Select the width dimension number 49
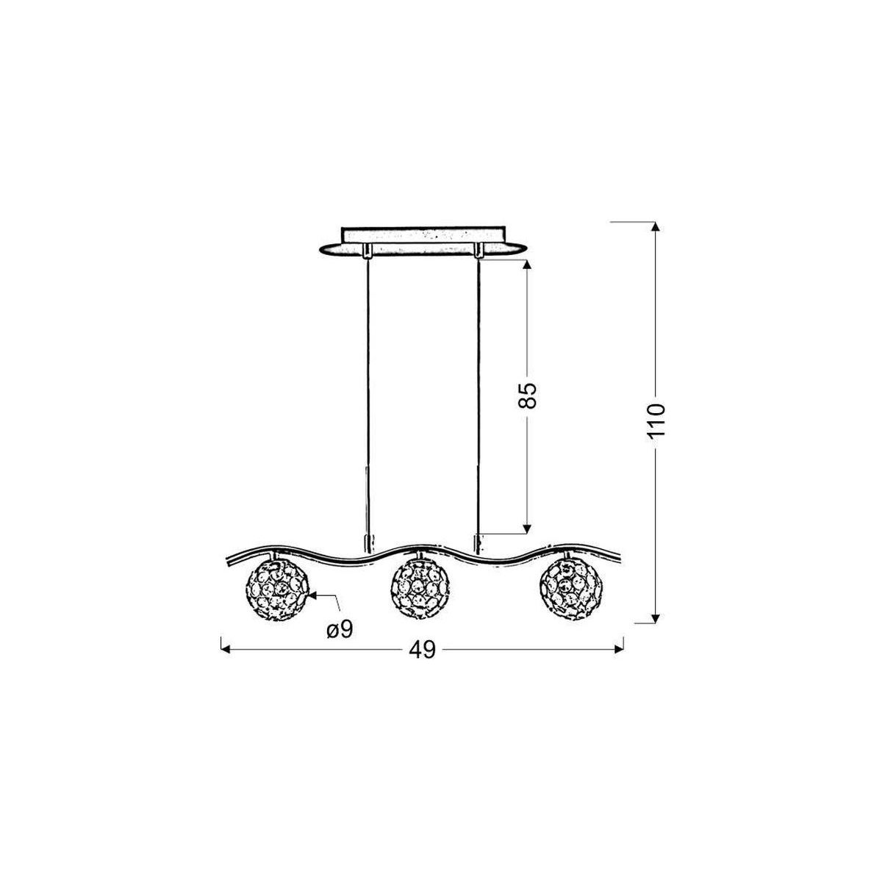[x=422, y=650]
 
